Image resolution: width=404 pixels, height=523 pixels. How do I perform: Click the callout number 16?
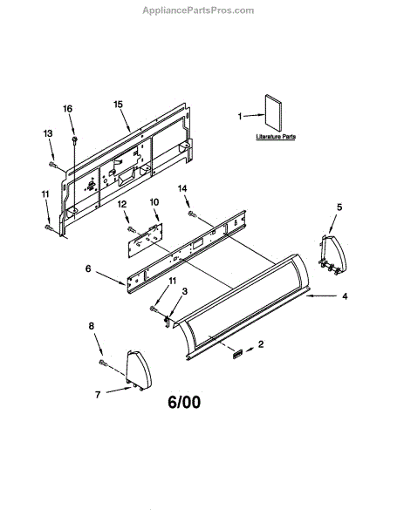click(67, 109)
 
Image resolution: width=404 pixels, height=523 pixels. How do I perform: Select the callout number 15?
click(118, 105)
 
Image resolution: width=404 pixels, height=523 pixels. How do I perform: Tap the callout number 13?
click(48, 133)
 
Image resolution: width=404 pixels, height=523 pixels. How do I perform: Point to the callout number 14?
click(182, 188)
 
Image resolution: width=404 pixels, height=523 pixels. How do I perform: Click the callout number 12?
click(122, 204)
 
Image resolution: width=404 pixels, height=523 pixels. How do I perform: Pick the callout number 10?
click(154, 202)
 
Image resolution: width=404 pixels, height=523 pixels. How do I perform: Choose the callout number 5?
click(339, 207)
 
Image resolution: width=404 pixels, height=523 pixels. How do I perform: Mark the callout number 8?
click(92, 326)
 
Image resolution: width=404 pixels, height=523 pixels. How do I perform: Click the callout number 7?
click(98, 395)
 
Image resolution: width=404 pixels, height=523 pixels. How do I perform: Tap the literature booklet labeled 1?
click(273, 113)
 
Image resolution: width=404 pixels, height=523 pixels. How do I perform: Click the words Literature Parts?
click(276, 137)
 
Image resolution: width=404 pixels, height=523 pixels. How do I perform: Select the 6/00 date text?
click(184, 402)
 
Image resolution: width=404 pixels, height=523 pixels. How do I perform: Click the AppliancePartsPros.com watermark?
click(198, 10)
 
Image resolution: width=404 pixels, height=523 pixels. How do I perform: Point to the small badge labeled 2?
click(237, 354)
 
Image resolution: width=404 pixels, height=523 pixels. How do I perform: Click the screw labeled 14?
click(191, 214)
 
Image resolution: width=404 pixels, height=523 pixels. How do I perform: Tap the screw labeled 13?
click(52, 164)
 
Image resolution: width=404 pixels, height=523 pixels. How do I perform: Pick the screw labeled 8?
click(102, 363)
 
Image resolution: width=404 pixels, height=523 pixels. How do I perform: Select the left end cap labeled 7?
click(138, 370)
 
